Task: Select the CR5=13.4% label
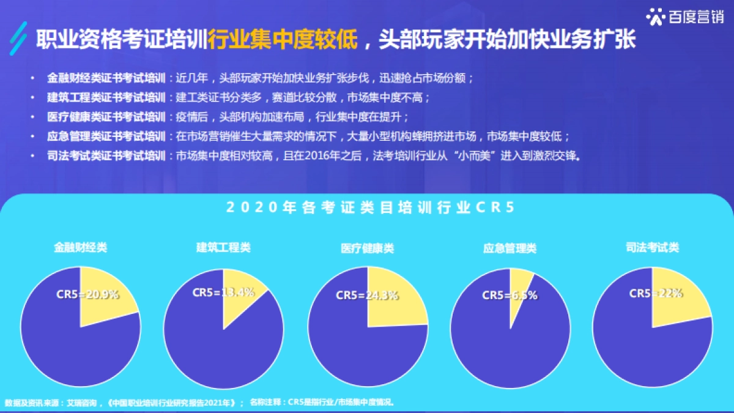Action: click(x=223, y=292)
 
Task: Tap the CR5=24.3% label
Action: click(x=367, y=295)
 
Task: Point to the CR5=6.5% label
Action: click(x=510, y=295)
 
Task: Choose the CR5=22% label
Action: click(x=656, y=293)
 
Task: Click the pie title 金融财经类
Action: click(x=80, y=248)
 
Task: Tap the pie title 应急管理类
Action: click(x=510, y=248)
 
